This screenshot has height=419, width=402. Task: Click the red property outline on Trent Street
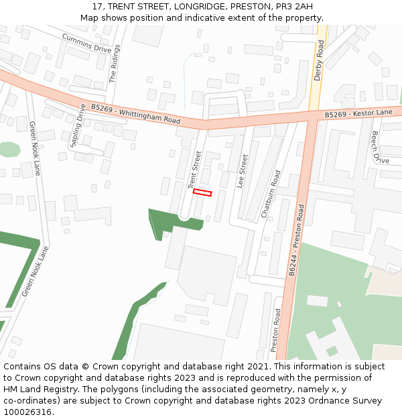point(202,192)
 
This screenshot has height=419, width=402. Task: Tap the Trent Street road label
point(194,169)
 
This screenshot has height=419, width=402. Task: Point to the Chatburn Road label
point(271,195)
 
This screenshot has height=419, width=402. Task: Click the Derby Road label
point(319,60)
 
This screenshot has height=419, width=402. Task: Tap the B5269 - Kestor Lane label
point(358,114)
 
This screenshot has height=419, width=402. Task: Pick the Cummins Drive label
point(86,43)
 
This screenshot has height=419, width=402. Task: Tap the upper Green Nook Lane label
point(35,148)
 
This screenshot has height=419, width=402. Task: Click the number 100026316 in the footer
point(27,412)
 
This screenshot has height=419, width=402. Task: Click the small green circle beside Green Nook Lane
point(9,149)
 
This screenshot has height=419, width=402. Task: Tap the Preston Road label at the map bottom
point(275,330)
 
